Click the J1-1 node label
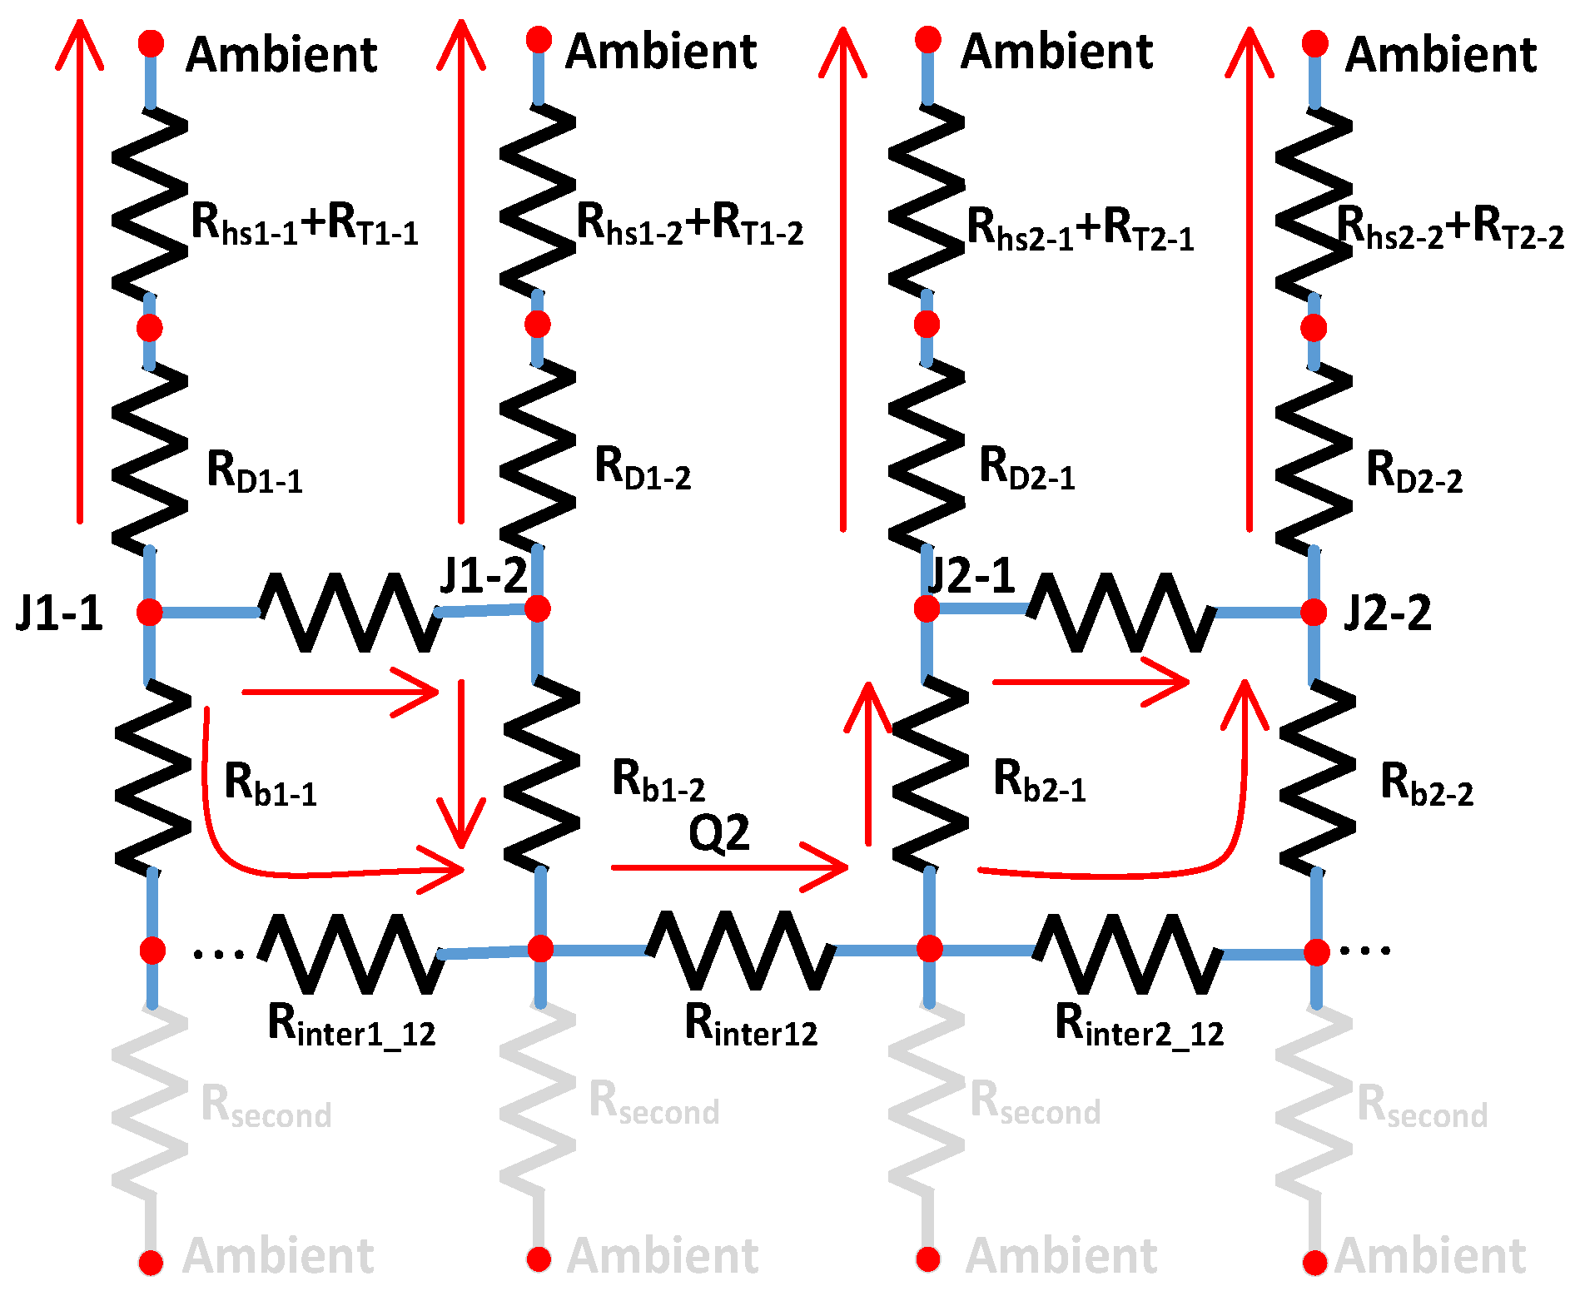point(59,614)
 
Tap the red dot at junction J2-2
point(1313,613)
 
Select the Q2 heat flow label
point(719,832)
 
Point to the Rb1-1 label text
point(271,784)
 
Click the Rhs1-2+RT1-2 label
point(689,225)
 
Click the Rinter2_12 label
point(1139,1025)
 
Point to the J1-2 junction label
point(484,574)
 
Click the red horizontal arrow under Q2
point(729,868)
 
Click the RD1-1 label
point(254,471)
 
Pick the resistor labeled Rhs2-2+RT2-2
point(1314,204)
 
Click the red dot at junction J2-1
point(927,609)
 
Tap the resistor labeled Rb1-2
point(541,774)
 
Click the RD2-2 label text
point(1414,471)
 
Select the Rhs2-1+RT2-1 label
point(1080,229)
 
